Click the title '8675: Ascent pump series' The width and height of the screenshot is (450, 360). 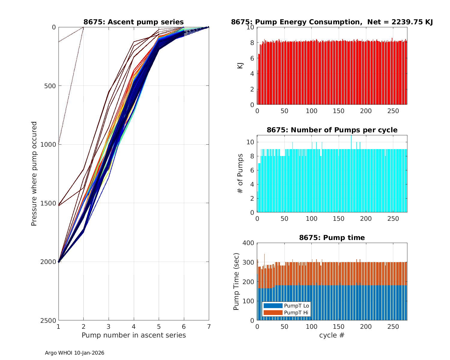(133, 22)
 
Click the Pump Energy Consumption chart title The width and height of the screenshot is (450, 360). (332, 22)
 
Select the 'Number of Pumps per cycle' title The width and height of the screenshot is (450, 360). (332, 130)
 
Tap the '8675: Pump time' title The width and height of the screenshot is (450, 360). (332, 238)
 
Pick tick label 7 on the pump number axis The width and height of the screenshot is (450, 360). (209, 326)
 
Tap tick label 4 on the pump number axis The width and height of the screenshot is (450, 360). (133, 326)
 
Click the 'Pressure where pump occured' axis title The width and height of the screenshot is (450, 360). (34, 174)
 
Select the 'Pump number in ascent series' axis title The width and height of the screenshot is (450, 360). (133, 335)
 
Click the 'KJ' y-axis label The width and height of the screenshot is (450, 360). (240, 66)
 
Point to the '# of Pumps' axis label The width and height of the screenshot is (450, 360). (240, 173)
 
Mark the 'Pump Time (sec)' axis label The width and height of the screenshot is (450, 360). (236, 282)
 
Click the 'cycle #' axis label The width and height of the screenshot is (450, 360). (332, 335)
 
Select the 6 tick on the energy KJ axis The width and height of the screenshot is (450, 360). (252, 58)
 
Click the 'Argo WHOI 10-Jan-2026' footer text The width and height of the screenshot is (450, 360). (74, 353)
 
